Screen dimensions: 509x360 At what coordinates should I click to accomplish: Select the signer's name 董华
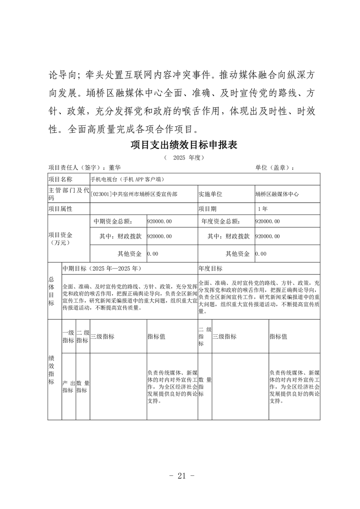pyautogui.click(x=115, y=168)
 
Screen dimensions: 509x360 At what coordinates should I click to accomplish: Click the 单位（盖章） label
pyautogui.click(x=274, y=168)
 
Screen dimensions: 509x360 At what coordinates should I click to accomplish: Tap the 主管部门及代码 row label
pyautogui.click(x=69, y=194)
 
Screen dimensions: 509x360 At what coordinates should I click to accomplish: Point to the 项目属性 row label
pyautogui.click(x=60, y=209)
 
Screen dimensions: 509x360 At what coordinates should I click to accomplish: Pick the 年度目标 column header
pyautogui.click(x=210, y=269)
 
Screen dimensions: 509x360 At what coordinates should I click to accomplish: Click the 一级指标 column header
pyautogui.click(x=68, y=337)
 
